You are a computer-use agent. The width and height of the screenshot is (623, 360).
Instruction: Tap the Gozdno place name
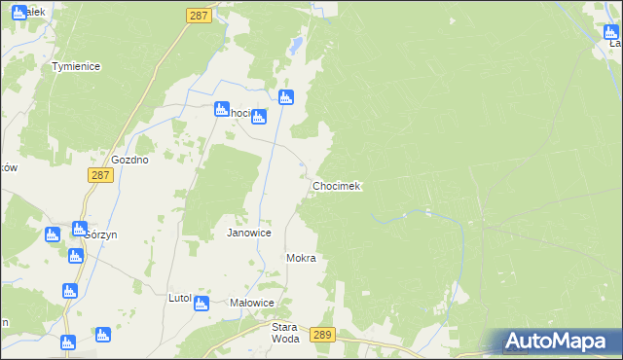click(129, 160)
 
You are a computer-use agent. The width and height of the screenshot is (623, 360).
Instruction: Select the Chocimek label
click(337, 186)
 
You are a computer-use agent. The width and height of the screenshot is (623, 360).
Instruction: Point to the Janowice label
click(248, 234)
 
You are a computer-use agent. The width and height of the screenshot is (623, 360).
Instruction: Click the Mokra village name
click(302, 259)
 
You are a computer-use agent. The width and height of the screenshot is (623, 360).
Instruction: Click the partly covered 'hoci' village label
click(238, 113)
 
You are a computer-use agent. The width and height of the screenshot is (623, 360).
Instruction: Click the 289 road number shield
click(324, 335)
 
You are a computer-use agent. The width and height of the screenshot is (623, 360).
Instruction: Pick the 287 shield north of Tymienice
click(199, 17)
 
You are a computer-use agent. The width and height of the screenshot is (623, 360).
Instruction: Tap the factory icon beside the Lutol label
click(202, 304)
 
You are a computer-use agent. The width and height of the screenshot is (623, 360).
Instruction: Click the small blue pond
click(293, 45)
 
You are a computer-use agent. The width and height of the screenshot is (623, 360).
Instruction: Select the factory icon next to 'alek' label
click(18, 13)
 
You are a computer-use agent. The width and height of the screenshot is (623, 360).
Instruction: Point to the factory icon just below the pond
click(285, 97)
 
